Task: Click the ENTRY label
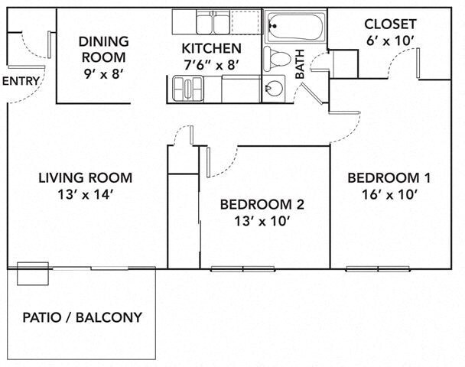tap(21, 81)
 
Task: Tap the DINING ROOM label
tap(103, 49)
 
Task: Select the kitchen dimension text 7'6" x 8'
tap(211, 65)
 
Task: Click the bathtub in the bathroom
tap(294, 27)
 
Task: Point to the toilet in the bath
tap(277, 58)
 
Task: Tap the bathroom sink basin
tap(274, 89)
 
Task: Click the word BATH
tap(300, 64)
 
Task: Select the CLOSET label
tap(390, 24)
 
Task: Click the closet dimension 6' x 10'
tap(390, 41)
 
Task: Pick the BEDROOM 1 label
tap(389, 178)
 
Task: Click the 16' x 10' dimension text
tap(390, 195)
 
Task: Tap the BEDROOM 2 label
tap(262, 205)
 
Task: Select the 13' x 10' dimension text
tap(262, 221)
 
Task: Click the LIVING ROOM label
tap(86, 178)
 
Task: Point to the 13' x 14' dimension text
tap(86, 195)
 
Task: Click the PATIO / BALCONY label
tap(83, 317)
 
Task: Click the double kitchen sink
tap(213, 22)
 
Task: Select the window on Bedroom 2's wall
tap(243, 269)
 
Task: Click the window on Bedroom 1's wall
tap(378, 269)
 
